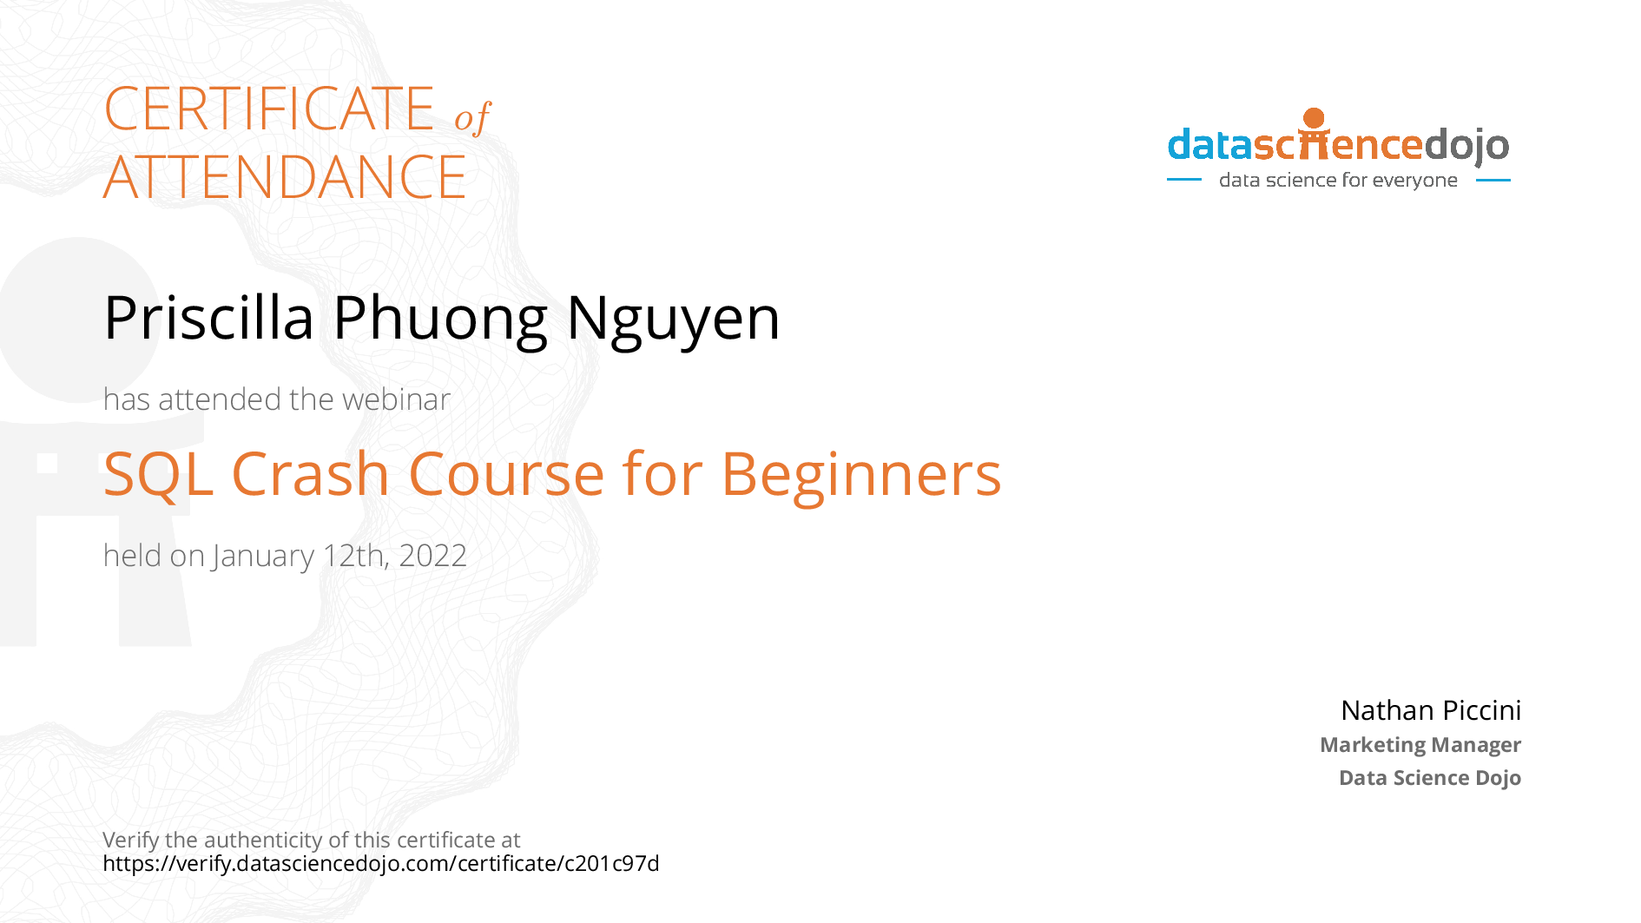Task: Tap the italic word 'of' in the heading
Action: coord(473,117)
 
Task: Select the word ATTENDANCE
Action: coord(285,177)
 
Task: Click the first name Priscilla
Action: coord(208,318)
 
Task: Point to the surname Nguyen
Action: coord(674,320)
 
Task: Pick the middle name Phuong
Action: coord(440,320)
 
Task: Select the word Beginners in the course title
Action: coord(861,476)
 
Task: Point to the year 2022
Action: coord(432,556)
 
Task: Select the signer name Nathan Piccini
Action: coord(1431,710)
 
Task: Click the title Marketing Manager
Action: coord(1420,745)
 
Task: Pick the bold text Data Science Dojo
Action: coord(1430,778)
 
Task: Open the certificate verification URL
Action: coord(381,864)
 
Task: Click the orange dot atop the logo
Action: coord(1315,118)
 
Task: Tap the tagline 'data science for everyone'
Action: coord(1338,181)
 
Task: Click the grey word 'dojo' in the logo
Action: coord(1466,146)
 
